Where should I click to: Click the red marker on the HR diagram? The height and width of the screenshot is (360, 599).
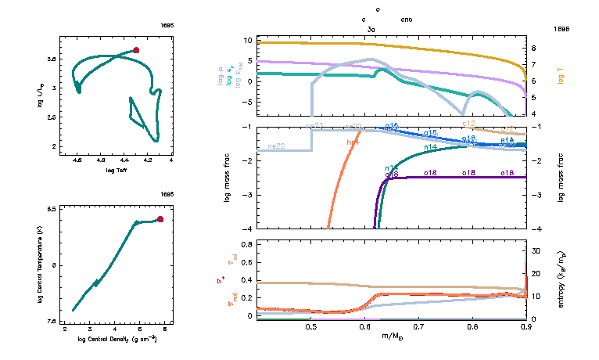pos(136,50)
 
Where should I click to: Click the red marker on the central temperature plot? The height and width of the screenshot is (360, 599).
pos(160,219)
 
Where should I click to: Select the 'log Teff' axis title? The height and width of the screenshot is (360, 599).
pos(117,170)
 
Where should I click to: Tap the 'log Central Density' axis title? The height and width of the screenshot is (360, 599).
pos(117,339)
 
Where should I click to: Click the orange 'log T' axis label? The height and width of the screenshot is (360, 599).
pos(561,75)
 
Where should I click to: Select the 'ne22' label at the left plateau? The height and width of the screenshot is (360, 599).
pos(276,146)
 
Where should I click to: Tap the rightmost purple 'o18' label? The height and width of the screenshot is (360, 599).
pos(507,172)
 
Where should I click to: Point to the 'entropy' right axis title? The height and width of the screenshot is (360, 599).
pos(561,279)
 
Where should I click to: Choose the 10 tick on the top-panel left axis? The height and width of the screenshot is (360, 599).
pos(248,40)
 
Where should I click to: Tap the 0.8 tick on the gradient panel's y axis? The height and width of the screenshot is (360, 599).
pos(246,245)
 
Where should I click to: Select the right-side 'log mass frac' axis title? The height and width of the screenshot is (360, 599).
pos(561,177)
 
